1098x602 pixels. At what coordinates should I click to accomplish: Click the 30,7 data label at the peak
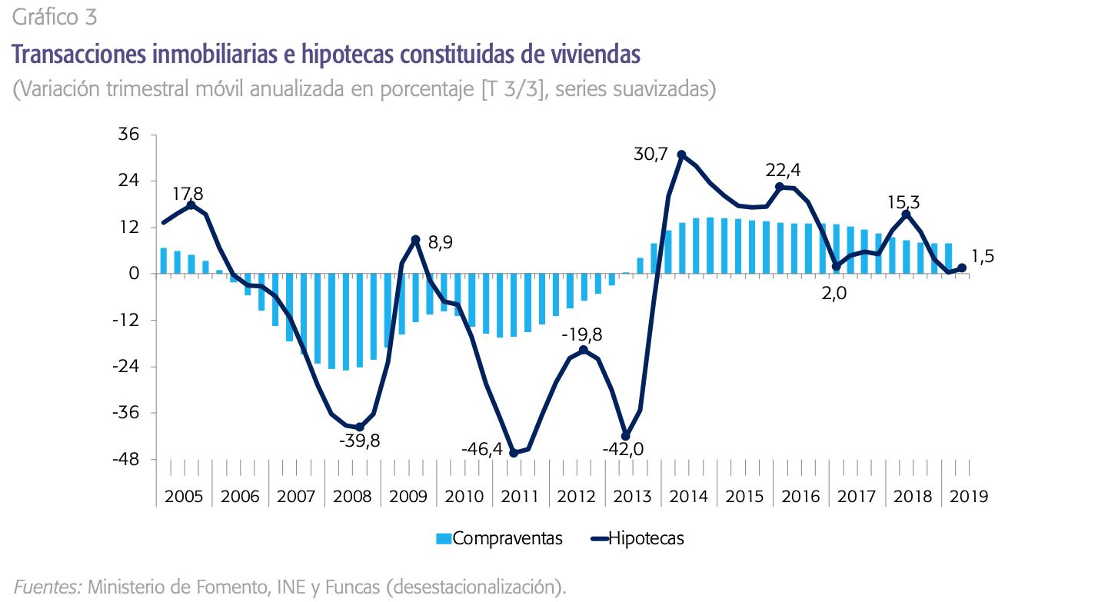click(650, 155)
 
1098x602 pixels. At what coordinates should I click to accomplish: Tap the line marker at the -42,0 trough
click(626, 436)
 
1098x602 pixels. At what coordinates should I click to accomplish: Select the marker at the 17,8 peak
click(191, 205)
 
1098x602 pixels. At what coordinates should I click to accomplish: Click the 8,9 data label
click(440, 243)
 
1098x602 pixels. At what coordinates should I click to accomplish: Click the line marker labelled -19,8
click(583, 350)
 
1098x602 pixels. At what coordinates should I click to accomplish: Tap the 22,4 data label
click(784, 169)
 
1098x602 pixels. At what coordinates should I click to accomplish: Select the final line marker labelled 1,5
click(962, 268)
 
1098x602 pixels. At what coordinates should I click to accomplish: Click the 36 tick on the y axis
click(128, 135)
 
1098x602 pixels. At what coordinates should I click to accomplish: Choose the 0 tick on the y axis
click(134, 274)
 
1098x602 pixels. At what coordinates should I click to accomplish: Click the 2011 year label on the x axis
click(521, 497)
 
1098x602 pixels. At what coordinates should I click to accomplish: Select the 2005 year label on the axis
click(184, 497)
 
